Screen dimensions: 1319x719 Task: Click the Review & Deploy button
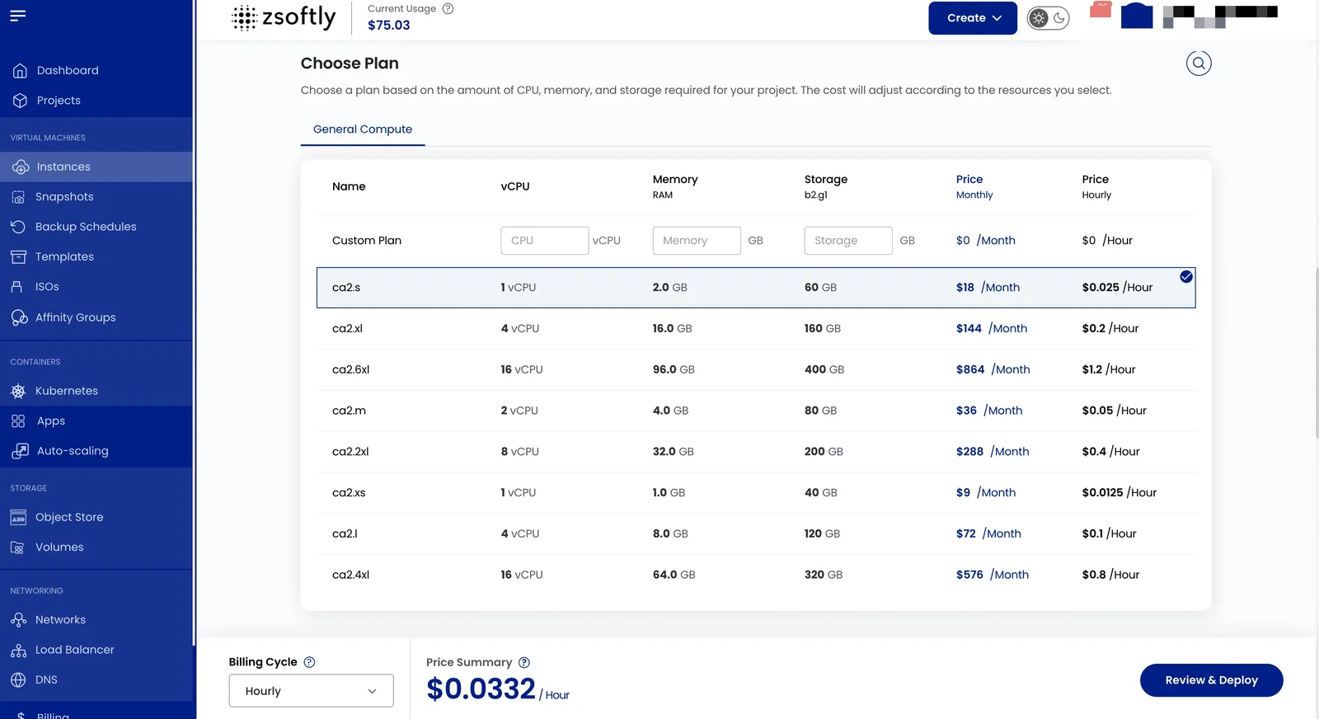(1211, 680)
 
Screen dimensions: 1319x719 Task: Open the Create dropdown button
(972, 17)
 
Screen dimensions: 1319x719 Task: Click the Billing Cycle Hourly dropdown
(311, 691)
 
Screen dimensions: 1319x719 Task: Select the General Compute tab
(363, 129)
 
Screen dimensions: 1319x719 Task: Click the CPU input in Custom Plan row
(545, 240)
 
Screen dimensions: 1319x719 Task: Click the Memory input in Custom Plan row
(697, 240)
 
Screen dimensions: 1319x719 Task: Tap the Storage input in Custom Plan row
(848, 240)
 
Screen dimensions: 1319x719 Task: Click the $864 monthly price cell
(993, 369)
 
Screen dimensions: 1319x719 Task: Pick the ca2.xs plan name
(349, 492)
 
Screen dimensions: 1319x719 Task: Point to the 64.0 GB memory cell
(674, 574)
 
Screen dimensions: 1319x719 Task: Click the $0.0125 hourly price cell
(1119, 492)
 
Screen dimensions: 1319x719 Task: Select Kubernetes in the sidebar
(67, 390)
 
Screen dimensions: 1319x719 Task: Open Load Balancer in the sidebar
(75, 650)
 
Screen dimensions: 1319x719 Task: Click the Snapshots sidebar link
(64, 197)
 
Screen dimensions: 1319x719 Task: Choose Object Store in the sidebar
(69, 517)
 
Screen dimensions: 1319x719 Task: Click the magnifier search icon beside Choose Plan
(1199, 63)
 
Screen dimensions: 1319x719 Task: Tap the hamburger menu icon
(17, 16)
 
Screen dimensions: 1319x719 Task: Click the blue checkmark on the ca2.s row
(1186, 277)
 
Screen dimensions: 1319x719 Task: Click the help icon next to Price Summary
(524, 662)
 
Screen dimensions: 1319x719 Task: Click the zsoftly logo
(284, 17)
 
